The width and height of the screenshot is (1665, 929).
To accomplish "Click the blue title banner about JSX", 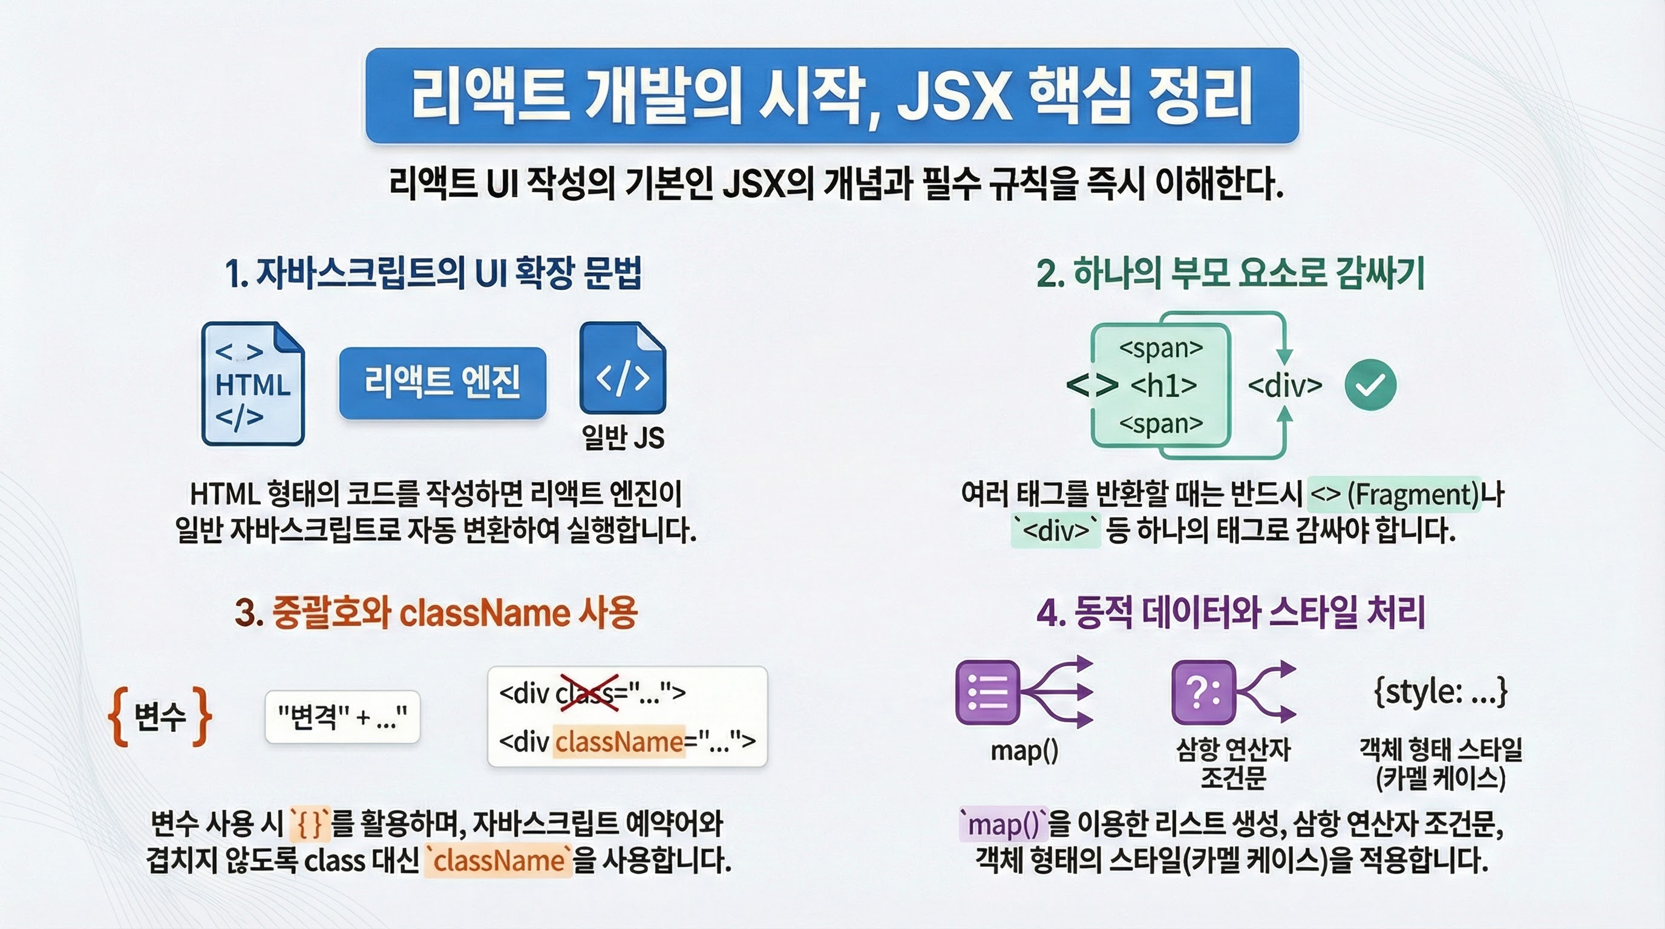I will (x=832, y=96).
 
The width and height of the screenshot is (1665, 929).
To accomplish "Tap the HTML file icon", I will (x=253, y=383).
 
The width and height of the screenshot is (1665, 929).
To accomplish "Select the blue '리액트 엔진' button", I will (x=443, y=382).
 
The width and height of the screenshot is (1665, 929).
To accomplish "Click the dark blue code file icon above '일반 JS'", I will (x=623, y=368).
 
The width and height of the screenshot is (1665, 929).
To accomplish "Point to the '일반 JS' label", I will (x=623, y=437).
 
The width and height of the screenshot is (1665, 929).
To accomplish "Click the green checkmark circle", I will (x=1370, y=385).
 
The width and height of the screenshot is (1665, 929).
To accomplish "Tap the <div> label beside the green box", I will (x=1285, y=386).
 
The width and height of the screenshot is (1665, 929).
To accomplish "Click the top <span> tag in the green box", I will (x=1161, y=348).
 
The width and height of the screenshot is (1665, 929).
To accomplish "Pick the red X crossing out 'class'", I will (x=588, y=693).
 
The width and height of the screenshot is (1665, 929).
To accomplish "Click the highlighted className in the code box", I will (x=619, y=742).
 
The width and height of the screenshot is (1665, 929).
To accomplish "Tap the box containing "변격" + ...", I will (x=342, y=717).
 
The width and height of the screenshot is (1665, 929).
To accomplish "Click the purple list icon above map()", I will (x=987, y=692).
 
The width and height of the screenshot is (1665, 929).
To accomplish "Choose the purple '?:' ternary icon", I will (x=1203, y=692).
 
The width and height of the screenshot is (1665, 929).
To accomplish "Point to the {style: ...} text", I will (x=1441, y=692).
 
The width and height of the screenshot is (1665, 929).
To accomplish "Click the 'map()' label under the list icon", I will (x=1024, y=751).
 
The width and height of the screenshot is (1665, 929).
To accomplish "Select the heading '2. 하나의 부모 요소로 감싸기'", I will (x=1231, y=273).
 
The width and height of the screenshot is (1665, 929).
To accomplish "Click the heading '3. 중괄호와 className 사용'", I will (x=436, y=613).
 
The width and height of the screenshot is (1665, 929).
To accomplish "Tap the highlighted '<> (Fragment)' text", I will (x=1394, y=495).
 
